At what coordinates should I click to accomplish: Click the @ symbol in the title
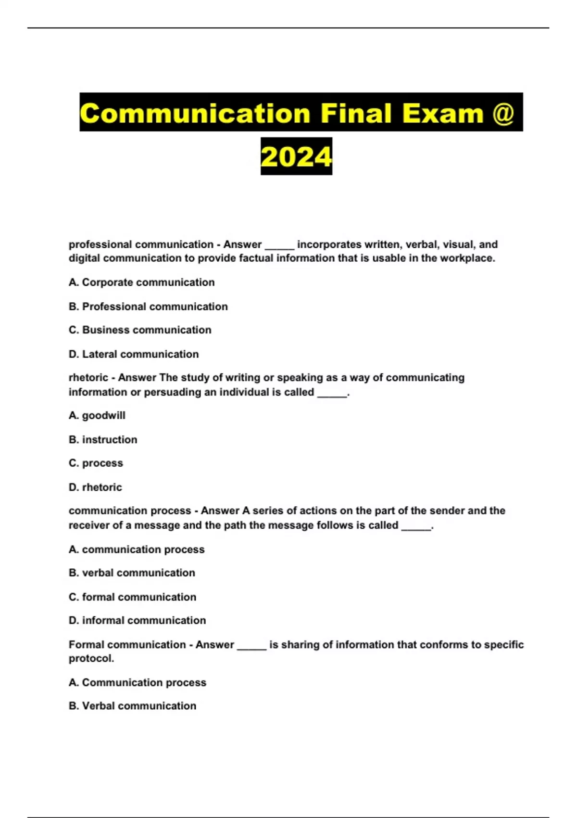click(503, 114)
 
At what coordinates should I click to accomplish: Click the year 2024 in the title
click(296, 157)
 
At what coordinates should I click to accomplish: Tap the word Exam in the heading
click(442, 114)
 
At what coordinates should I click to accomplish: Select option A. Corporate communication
click(142, 282)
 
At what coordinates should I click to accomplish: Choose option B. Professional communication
click(148, 307)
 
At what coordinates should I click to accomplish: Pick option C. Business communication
click(140, 330)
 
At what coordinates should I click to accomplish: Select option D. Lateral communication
click(134, 354)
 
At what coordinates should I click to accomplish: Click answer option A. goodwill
click(97, 416)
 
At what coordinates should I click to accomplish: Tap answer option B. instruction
click(103, 440)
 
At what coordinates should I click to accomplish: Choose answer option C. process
click(96, 463)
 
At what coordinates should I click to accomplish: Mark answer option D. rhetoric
click(95, 487)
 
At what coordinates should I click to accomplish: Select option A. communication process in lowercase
click(137, 550)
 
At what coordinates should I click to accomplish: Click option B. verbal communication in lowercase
click(132, 573)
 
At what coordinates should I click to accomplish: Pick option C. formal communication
click(132, 597)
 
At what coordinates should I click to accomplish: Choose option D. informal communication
click(137, 621)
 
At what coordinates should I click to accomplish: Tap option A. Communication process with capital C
click(138, 683)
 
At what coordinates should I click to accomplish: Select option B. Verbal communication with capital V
click(132, 706)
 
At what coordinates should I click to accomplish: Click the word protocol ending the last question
click(91, 659)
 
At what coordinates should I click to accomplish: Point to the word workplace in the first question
click(466, 258)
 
